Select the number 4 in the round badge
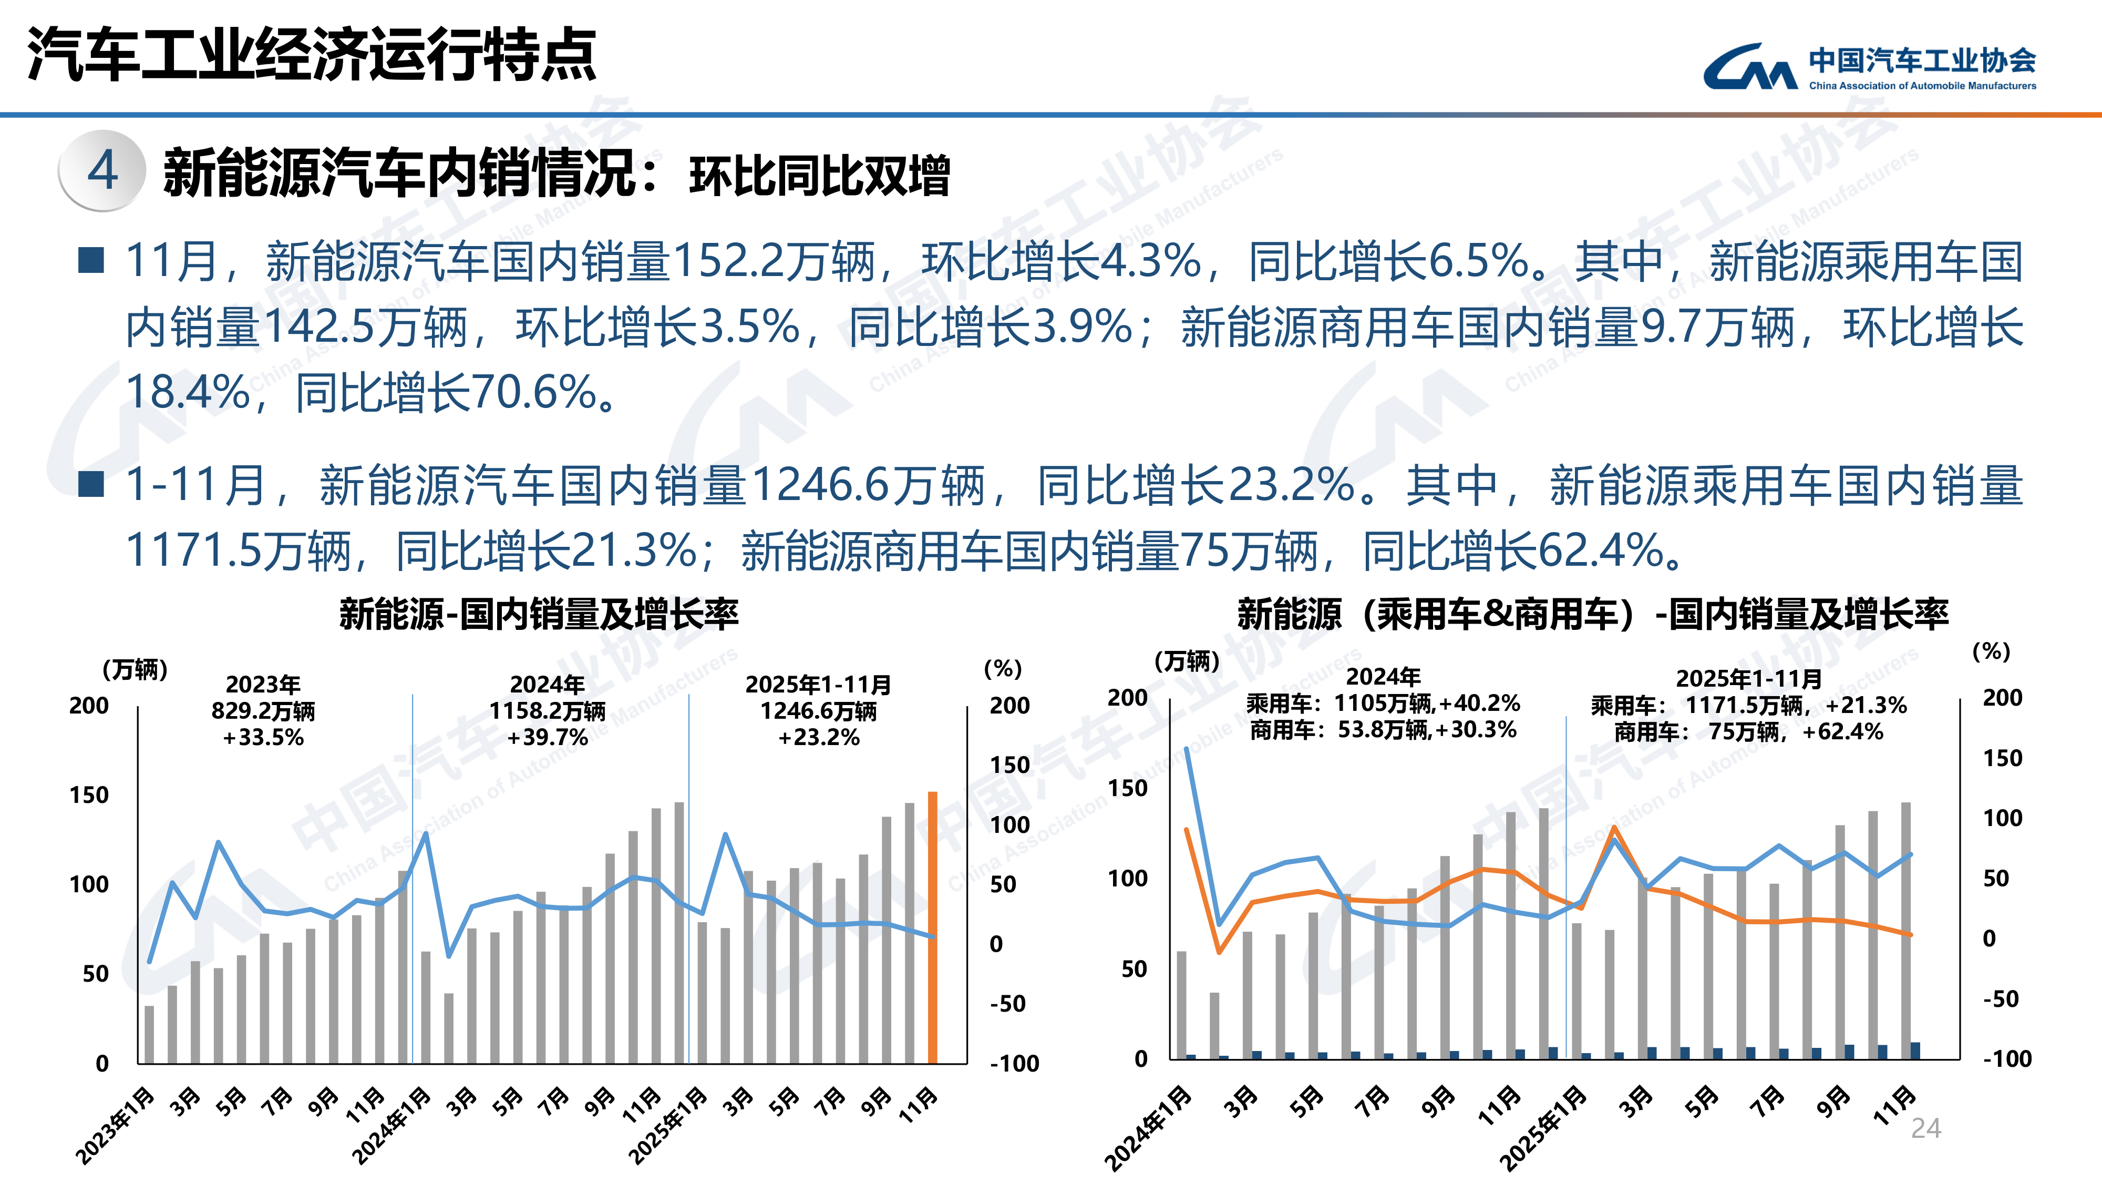(103, 171)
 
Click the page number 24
(1926, 1128)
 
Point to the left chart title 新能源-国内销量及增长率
(539, 614)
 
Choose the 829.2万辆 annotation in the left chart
(263, 710)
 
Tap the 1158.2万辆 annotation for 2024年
(547, 711)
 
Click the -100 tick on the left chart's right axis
(1014, 1063)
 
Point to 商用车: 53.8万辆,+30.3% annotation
(1383, 730)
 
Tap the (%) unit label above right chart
(1991, 651)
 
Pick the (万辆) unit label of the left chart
(135, 669)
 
